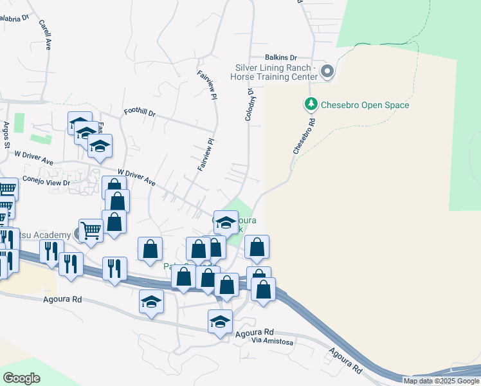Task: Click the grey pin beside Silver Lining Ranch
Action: click(x=327, y=71)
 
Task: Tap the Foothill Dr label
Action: click(x=140, y=113)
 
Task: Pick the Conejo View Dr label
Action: click(x=46, y=181)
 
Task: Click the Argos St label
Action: click(x=6, y=135)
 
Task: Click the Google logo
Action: click(x=22, y=378)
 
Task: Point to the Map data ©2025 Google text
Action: click(x=441, y=381)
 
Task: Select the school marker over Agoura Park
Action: click(x=225, y=223)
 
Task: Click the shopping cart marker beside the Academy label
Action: click(x=91, y=230)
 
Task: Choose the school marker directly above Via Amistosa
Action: click(x=220, y=321)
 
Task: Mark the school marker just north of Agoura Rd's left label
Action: click(x=152, y=301)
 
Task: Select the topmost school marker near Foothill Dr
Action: click(x=80, y=123)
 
